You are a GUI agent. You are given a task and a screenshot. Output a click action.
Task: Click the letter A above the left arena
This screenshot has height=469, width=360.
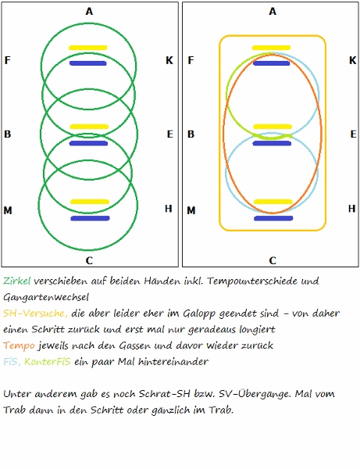89,12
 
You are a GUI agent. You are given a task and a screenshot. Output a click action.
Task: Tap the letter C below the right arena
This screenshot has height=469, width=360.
273,260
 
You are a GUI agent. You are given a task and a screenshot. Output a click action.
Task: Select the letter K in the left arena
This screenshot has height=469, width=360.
169,60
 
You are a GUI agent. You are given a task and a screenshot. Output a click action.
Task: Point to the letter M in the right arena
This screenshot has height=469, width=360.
191,210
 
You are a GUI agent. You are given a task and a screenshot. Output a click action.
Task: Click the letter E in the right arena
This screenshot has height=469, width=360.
354,134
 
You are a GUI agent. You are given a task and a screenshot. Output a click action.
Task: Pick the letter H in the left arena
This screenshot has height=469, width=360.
169,209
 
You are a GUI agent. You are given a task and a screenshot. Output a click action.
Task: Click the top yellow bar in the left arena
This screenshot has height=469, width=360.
87,48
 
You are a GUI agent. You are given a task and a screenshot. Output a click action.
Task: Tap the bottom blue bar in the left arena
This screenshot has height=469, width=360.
90,218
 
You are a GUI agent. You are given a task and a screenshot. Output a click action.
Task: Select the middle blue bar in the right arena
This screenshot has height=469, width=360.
272,144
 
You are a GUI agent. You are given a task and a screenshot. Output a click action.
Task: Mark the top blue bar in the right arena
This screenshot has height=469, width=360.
272,63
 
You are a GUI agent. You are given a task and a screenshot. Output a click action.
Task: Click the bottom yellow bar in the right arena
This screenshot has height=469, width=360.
273,202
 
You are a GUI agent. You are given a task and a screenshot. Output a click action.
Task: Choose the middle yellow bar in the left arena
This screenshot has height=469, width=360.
89,127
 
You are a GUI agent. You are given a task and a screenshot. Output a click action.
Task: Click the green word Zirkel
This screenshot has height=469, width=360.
17,281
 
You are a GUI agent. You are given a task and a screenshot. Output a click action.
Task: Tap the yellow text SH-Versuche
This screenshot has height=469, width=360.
36,313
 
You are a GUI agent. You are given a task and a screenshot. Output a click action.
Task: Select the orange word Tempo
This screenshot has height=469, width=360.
19,345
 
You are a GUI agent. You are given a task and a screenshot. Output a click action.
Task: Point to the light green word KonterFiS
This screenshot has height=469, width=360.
48,362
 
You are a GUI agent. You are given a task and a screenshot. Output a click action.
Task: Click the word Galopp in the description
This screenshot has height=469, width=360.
199,313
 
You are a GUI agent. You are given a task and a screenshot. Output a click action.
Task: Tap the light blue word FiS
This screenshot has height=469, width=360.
12,362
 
